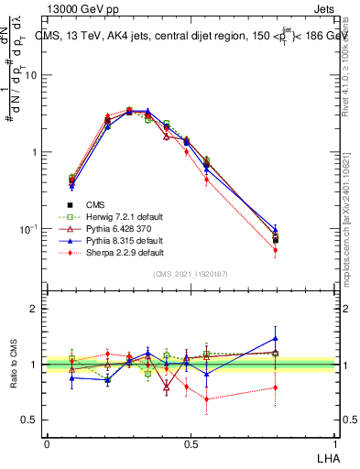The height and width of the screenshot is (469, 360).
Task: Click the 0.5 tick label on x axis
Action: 191,443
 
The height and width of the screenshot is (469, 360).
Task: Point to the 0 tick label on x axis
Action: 47,443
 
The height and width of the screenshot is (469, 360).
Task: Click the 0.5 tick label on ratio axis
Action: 30,420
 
